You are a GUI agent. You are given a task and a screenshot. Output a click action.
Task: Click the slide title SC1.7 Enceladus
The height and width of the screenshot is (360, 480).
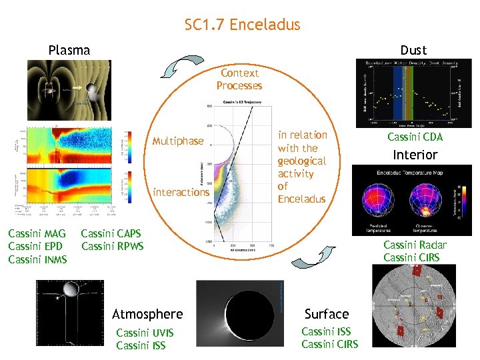pyautogui.click(x=242, y=25)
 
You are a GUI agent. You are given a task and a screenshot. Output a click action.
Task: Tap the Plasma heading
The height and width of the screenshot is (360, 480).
pyautogui.click(x=69, y=50)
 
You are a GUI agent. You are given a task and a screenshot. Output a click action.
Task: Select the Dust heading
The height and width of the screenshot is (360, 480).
pyautogui.click(x=413, y=50)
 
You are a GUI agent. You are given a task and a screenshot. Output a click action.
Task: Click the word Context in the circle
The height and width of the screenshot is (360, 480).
pyautogui.click(x=239, y=73)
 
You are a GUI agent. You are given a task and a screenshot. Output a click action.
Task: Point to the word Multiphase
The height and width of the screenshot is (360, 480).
pyautogui.click(x=178, y=141)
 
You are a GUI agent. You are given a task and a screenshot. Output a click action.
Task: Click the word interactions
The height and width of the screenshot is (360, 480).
pyautogui.click(x=181, y=192)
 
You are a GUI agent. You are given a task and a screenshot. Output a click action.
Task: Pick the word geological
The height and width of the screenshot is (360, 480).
pyautogui.click(x=302, y=161)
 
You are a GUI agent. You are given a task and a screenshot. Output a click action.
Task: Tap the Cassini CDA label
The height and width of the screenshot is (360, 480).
pyautogui.click(x=415, y=137)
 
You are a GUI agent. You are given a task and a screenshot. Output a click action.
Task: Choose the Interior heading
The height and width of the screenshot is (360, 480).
pyautogui.click(x=415, y=155)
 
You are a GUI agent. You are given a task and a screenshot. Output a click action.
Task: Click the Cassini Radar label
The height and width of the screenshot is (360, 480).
pyautogui.click(x=415, y=245)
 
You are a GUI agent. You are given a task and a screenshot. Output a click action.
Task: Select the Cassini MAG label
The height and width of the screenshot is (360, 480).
pyautogui.click(x=37, y=234)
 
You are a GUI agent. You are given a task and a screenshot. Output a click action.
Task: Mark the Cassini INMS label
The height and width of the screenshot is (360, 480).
pyautogui.click(x=37, y=259)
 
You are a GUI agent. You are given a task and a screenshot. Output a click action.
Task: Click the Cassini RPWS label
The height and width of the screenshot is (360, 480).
pyautogui.click(x=112, y=247)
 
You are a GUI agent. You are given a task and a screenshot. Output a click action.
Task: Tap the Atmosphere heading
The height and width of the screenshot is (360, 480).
pyautogui.click(x=147, y=314)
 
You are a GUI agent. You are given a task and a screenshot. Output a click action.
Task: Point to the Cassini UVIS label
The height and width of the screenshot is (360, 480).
pyautogui.click(x=145, y=333)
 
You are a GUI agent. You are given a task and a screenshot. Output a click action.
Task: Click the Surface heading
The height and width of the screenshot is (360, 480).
pyautogui.click(x=327, y=314)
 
